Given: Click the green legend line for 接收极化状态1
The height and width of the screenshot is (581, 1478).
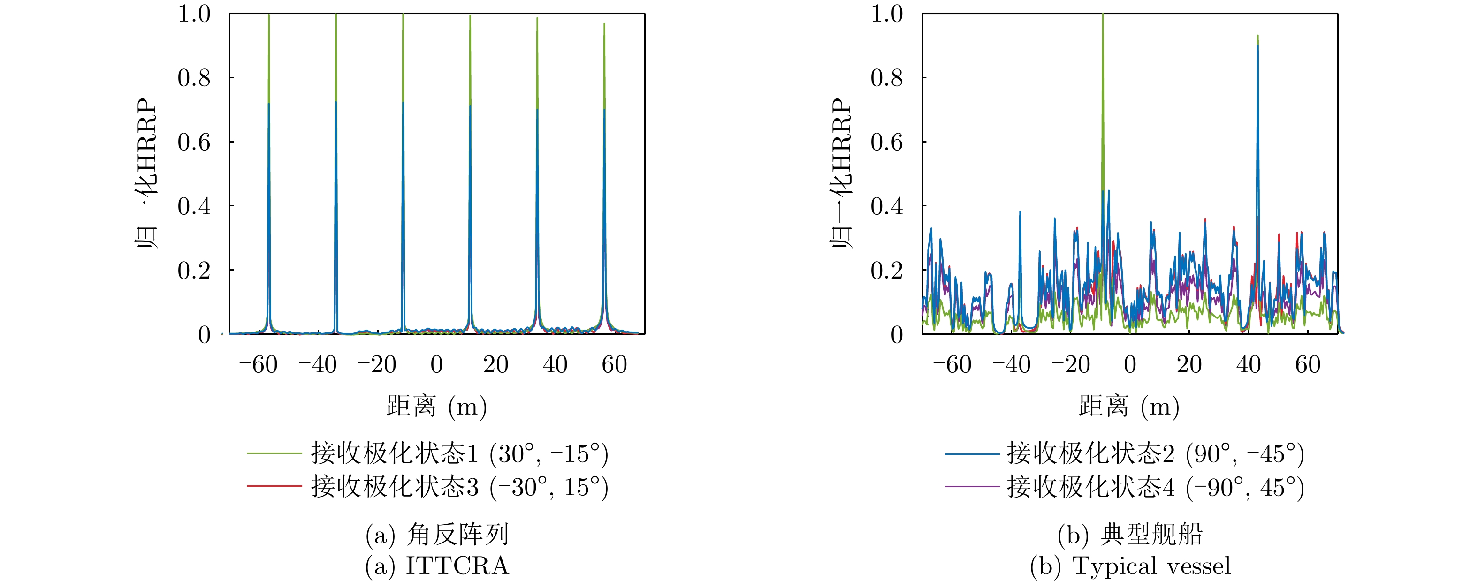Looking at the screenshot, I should coord(274,453).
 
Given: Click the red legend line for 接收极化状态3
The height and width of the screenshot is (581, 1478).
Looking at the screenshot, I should coord(274,486).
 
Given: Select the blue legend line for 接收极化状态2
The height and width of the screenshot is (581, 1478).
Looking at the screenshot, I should coord(972,453).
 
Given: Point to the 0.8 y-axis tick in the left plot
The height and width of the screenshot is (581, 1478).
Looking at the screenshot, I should coord(194,78).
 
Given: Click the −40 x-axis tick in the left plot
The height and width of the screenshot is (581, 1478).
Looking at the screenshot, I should coord(317,365).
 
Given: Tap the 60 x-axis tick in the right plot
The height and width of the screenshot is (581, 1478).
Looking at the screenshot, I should coord(1308,365).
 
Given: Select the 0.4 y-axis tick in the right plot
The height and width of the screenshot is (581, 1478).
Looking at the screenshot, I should coord(886,206).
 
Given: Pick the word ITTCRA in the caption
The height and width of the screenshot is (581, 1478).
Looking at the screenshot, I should coord(457,566).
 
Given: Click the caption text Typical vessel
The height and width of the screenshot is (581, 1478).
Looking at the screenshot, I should coord(1151,566).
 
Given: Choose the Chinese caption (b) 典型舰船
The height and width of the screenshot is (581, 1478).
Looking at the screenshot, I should coord(1130,535).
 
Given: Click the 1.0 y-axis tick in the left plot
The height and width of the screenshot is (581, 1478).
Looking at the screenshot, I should coord(194,14).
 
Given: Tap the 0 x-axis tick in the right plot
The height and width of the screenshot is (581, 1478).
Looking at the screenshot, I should coord(1130,365).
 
